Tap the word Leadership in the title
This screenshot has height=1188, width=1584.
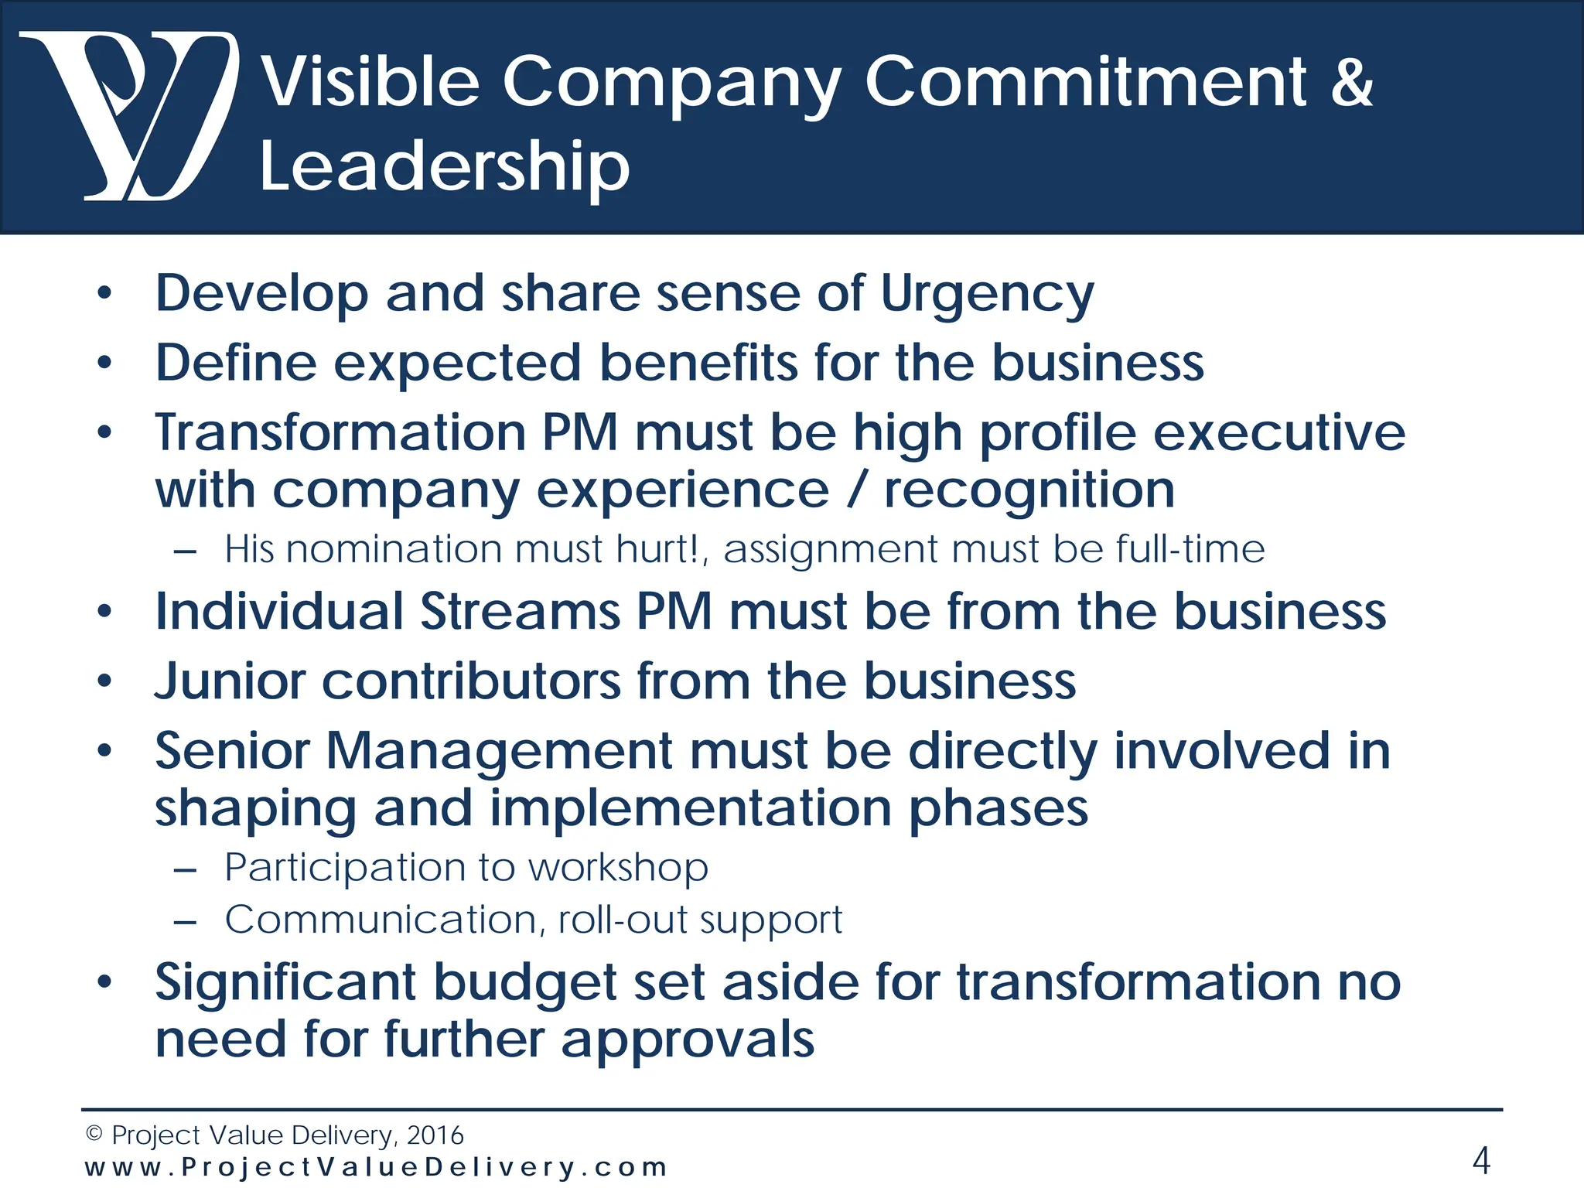click(x=444, y=166)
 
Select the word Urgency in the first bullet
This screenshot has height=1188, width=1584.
click(x=987, y=295)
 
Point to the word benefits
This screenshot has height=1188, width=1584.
click(x=698, y=363)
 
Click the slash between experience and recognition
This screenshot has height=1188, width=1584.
click(x=855, y=490)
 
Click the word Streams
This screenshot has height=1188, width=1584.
click(x=520, y=612)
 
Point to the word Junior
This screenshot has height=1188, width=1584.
click(x=230, y=681)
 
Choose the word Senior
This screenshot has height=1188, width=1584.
click(x=232, y=751)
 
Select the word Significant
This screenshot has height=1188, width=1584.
click(x=285, y=982)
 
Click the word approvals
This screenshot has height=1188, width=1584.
click(x=688, y=1039)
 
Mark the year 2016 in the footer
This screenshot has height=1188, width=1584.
click(x=435, y=1135)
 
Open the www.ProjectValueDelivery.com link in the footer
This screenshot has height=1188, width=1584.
click(x=376, y=1167)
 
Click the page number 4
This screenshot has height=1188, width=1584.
click(x=1480, y=1160)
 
